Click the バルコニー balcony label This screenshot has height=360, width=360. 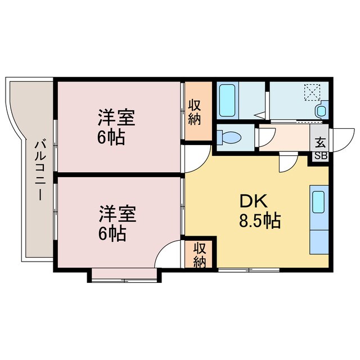point(40,171)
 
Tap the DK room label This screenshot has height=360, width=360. point(254,201)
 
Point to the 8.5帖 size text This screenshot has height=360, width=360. point(260,220)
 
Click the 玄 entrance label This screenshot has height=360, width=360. point(320,142)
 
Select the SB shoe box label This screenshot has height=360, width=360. point(321,156)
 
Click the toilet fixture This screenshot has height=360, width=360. point(229,137)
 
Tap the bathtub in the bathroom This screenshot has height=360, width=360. point(227,100)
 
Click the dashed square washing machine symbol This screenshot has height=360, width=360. point(312,92)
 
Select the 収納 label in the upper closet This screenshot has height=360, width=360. point(195,112)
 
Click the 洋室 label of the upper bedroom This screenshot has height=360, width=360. point(116,118)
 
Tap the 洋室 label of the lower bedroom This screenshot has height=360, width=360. point(118,214)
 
